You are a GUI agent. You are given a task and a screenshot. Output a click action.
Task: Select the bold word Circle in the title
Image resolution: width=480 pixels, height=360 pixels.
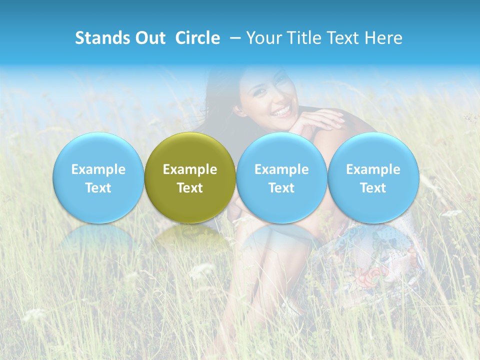tap(197, 38)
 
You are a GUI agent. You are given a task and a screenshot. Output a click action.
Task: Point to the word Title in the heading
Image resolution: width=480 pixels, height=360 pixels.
tap(300, 38)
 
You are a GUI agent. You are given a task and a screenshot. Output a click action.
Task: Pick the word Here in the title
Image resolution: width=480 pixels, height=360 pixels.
tap(384, 38)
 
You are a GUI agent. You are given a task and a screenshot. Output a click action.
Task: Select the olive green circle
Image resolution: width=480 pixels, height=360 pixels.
tap(190, 177)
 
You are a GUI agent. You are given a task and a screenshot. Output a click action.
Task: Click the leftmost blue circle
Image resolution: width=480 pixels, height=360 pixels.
tap(98, 177)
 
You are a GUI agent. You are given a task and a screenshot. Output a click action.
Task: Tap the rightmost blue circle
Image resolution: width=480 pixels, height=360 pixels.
tap(373, 177)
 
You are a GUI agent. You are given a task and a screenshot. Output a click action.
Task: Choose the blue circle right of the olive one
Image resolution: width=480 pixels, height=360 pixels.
tap(281, 177)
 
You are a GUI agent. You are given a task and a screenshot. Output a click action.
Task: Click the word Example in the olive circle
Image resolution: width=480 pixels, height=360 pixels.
tap(190, 169)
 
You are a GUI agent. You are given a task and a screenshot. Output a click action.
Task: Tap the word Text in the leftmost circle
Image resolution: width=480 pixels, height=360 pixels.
tap(98, 188)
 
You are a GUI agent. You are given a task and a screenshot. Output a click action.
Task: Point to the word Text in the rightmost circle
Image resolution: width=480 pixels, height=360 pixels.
tap(373, 188)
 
